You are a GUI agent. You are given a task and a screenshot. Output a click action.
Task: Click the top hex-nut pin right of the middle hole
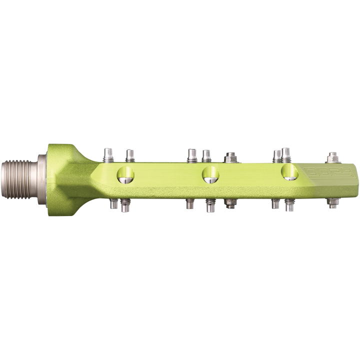pyautogui.click(x=230, y=158)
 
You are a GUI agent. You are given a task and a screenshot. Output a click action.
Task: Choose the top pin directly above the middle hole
pyautogui.click(x=206, y=155)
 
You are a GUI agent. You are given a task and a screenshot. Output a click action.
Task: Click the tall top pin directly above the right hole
pyautogui.click(x=286, y=153)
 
